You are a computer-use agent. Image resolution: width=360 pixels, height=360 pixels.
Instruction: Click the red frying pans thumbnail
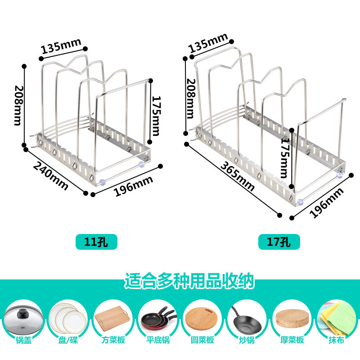pos(157,318)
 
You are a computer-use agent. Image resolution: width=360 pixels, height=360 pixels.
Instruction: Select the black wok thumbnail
pos(245,318)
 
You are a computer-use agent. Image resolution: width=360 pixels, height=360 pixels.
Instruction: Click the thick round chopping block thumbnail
pos(291,319)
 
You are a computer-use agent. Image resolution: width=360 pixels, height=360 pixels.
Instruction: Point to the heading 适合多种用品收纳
pos(189,282)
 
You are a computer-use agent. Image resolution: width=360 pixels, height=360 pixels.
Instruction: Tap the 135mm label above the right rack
pos(208,43)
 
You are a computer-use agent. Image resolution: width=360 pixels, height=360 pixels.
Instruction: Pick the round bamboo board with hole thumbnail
pos(202,318)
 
